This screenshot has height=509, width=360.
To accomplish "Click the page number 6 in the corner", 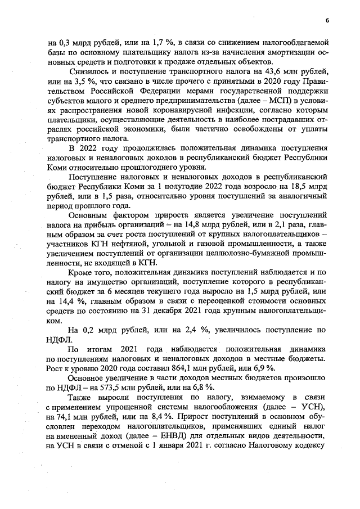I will (326, 20).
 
